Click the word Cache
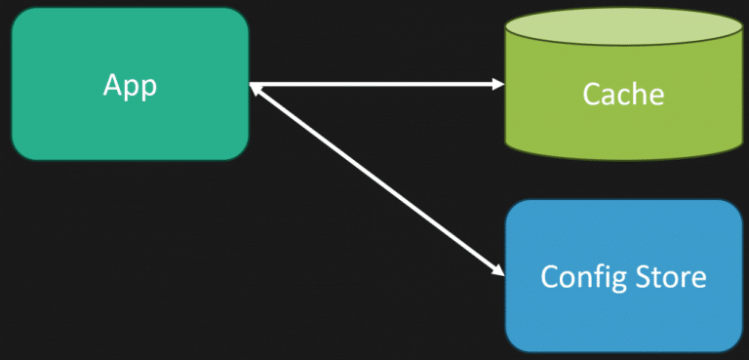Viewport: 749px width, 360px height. pyautogui.click(x=623, y=95)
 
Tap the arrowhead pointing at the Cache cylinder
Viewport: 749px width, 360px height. pyautogui.click(x=497, y=85)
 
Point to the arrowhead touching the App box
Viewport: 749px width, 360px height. pyautogui.click(x=256, y=88)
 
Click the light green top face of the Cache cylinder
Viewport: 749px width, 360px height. pyautogui.click(x=623, y=30)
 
